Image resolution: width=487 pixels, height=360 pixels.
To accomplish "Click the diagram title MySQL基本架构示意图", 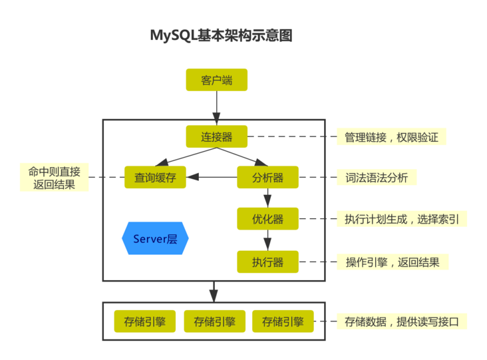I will click(x=222, y=35).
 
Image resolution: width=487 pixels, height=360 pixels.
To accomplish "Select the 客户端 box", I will click(x=217, y=80).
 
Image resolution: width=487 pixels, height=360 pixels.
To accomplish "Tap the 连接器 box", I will click(x=217, y=136).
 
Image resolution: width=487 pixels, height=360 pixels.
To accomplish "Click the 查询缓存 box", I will click(x=155, y=178).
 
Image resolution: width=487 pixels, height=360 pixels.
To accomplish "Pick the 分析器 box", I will click(x=267, y=178).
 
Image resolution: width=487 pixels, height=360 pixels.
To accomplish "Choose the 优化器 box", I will click(x=267, y=219).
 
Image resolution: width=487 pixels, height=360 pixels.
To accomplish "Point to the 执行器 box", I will click(x=267, y=262).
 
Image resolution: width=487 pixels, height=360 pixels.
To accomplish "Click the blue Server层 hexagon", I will click(x=155, y=238).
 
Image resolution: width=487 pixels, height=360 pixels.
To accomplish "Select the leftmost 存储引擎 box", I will click(x=144, y=321).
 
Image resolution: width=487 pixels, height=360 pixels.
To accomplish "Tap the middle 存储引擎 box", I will click(x=214, y=321).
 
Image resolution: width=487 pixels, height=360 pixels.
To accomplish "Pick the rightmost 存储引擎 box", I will click(x=282, y=321).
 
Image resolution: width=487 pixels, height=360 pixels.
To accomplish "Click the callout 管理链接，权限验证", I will click(x=391, y=137).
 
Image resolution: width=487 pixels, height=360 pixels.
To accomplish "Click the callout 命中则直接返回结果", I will click(x=54, y=178).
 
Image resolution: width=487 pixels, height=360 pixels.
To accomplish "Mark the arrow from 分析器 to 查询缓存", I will click(x=212, y=178).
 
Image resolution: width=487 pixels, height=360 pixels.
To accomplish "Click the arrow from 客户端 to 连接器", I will click(x=216, y=104).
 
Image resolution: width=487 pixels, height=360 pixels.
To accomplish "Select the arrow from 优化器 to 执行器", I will click(x=267, y=240).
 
